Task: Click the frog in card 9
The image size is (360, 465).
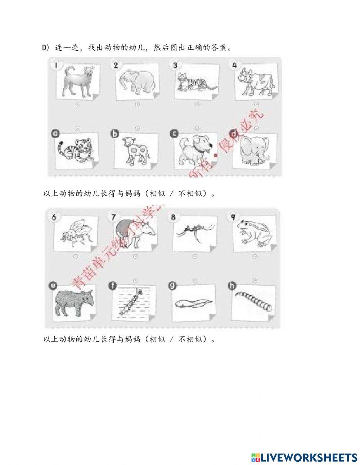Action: point(254,232)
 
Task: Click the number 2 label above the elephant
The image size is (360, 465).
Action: point(116,65)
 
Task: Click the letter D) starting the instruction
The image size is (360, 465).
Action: point(45,48)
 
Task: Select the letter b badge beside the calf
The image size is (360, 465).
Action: point(115,134)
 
